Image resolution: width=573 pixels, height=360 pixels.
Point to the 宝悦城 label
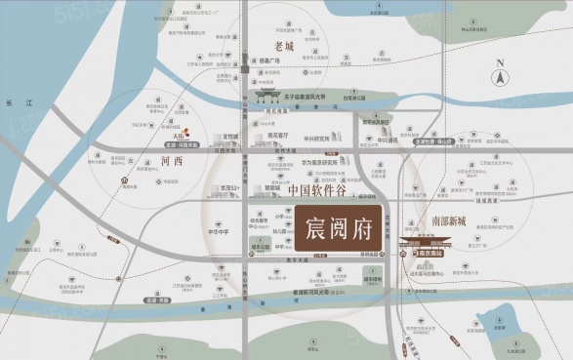coord(230,138)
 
